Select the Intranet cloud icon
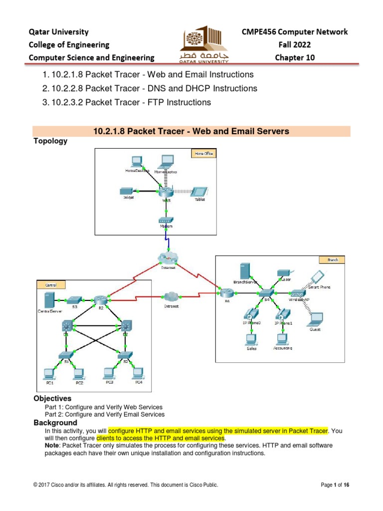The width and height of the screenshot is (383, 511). tap(171, 296)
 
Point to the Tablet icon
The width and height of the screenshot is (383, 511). tap(200, 192)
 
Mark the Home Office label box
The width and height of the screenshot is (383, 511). tap(203, 154)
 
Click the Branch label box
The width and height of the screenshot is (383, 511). tap(333, 260)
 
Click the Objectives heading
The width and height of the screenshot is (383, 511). tap(52, 399)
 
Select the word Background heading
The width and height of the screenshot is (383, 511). tap(55, 423)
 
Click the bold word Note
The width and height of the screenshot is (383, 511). tap(53, 445)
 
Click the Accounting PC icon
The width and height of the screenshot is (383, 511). tap(282, 339)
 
